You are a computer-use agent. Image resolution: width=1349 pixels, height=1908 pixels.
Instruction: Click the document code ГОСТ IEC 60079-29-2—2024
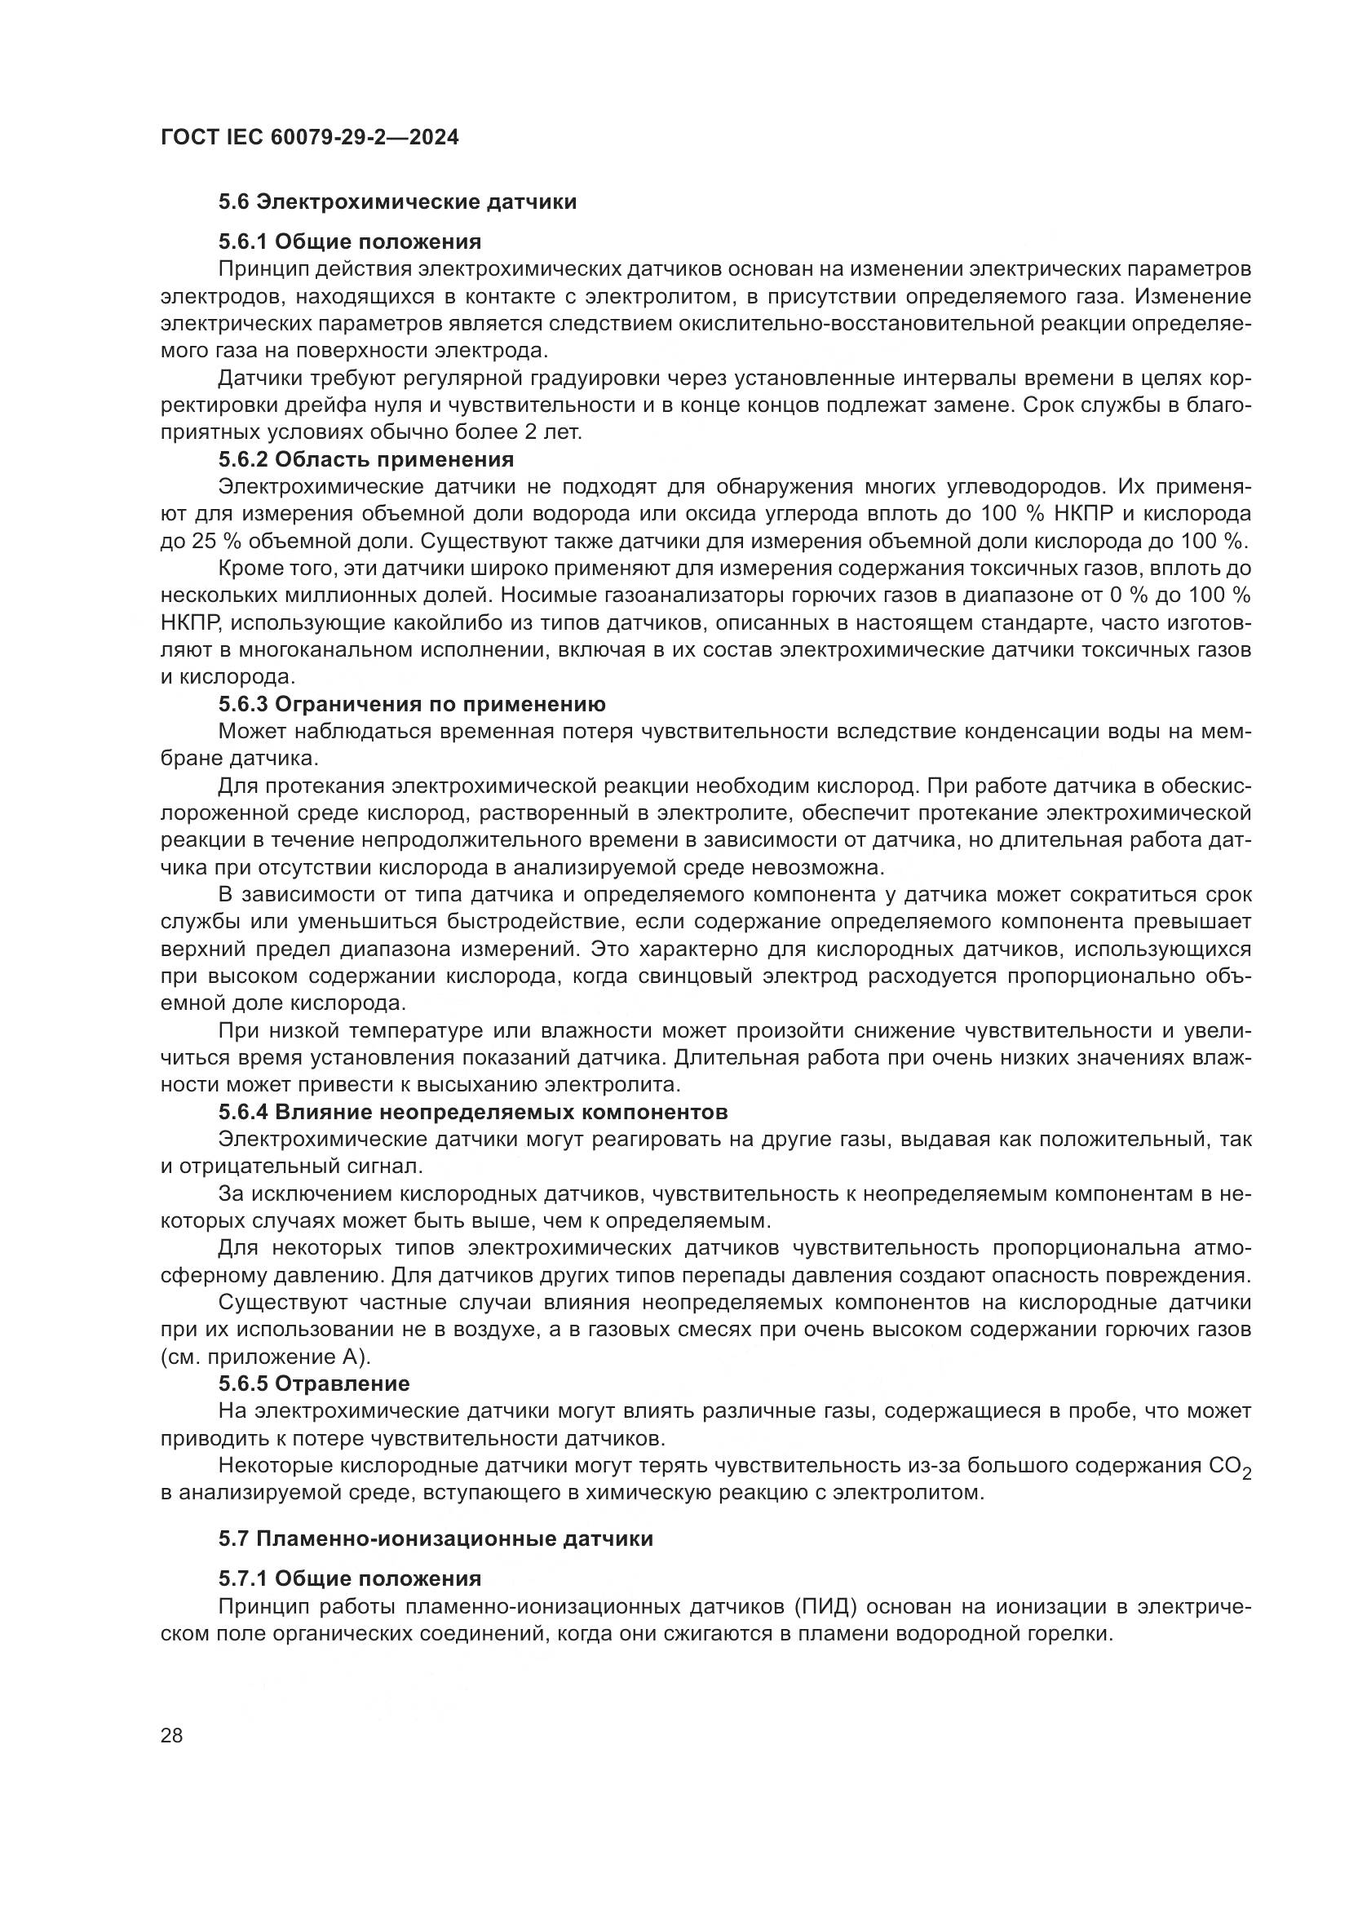coord(309,138)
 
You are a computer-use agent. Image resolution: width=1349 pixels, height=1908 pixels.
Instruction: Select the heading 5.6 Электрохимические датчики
coord(397,202)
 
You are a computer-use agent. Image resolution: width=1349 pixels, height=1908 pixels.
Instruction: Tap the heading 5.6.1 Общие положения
coord(350,241)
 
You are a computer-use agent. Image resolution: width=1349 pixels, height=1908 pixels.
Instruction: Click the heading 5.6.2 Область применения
coord(366,459)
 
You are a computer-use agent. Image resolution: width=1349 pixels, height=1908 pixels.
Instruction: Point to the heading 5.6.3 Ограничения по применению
coord(412,705)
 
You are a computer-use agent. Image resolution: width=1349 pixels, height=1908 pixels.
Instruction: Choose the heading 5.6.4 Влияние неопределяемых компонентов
coord(474,1112)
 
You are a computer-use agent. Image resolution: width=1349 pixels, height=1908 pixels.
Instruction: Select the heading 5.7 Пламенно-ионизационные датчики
coord(436,1538)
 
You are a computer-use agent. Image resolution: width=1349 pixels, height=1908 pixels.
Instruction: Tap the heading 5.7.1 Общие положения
coord(350,1578)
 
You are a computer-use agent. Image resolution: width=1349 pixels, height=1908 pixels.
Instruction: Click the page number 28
coord(172,1735)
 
